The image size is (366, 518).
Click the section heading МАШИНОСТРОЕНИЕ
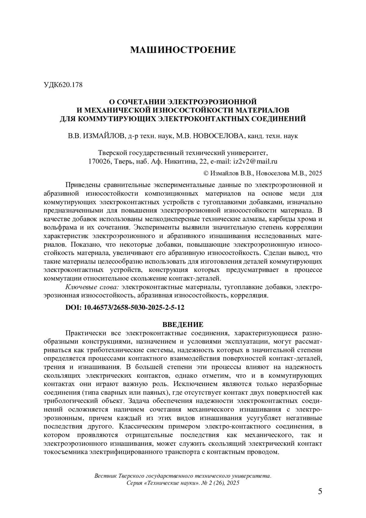183,50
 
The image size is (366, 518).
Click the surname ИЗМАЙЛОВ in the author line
102,136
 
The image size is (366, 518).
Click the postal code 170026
99,161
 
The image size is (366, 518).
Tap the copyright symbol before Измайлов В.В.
206,173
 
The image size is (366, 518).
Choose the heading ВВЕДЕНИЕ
183,324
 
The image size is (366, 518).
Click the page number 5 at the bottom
320,491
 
